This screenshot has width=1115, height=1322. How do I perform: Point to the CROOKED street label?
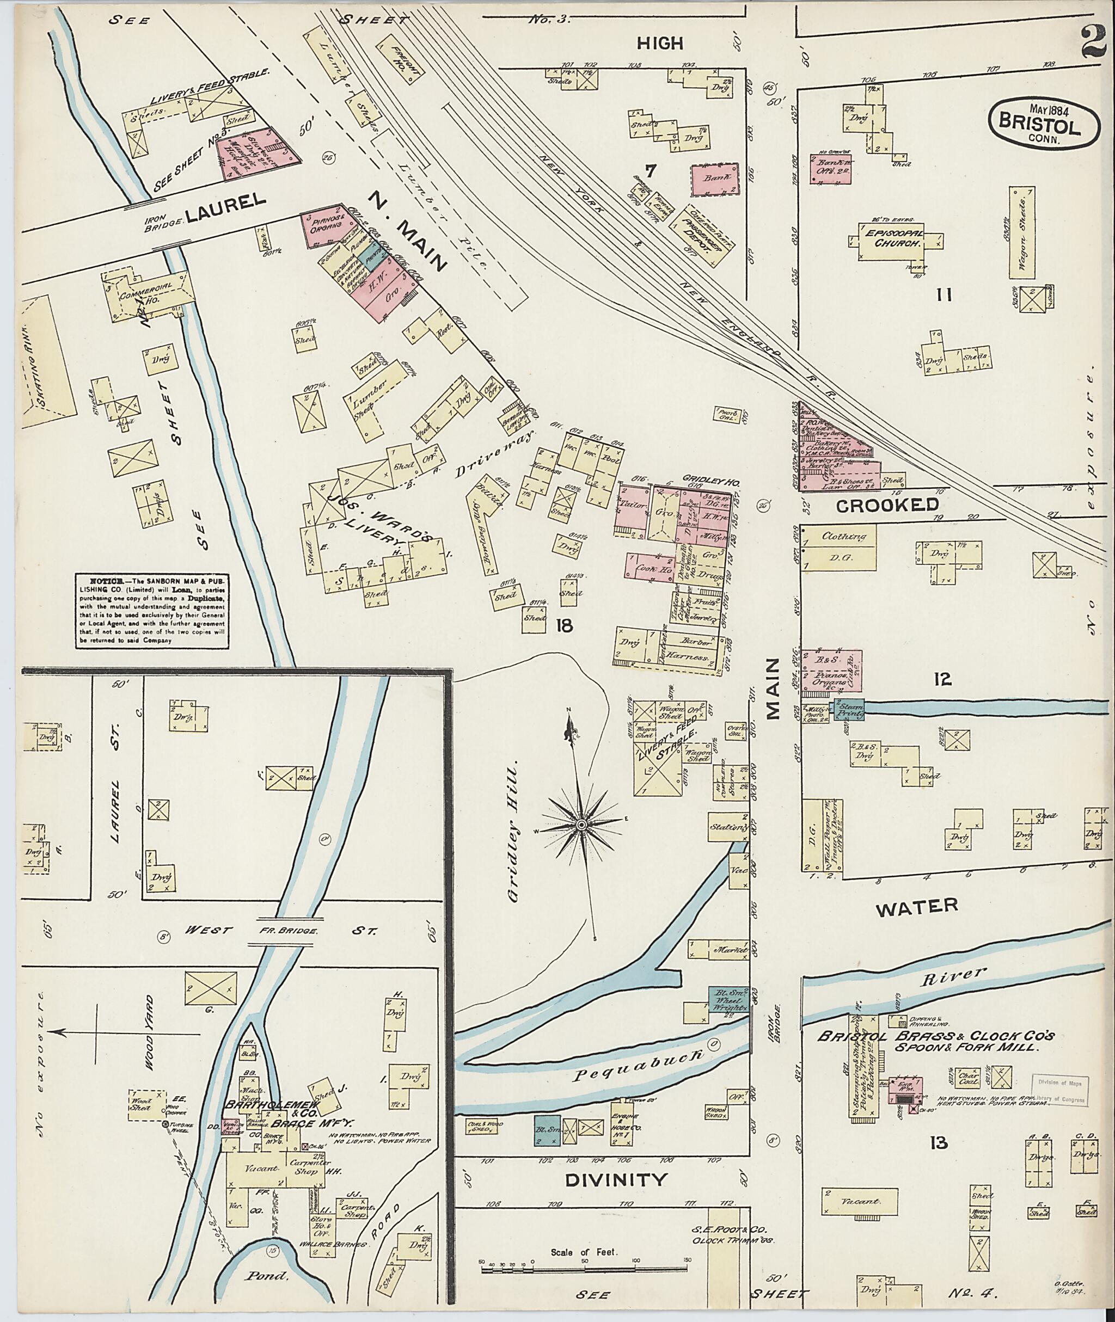coord(887,505)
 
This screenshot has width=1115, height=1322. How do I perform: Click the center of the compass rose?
coord(581,825)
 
